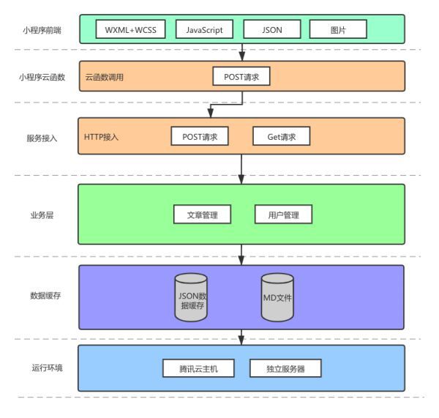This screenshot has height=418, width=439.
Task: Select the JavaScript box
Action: [x=204, y=29]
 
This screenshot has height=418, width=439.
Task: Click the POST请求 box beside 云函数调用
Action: [x=241, y=76]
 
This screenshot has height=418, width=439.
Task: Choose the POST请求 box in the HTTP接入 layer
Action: [x=200, y=137]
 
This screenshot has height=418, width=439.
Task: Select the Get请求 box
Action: [x=282, y=137]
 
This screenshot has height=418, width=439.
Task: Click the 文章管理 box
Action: [x=202, y=214]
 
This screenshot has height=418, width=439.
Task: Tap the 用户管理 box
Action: [x=283, y=214]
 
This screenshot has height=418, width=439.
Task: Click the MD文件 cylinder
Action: [x=278, y=298]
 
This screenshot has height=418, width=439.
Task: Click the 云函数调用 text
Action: [x=105, y=76]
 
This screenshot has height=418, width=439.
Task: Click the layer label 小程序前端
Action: [x=41, y=29]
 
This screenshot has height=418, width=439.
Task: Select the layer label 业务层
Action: [x=41, y=214]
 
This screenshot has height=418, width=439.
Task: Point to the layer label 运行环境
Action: [x=41, y=367]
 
